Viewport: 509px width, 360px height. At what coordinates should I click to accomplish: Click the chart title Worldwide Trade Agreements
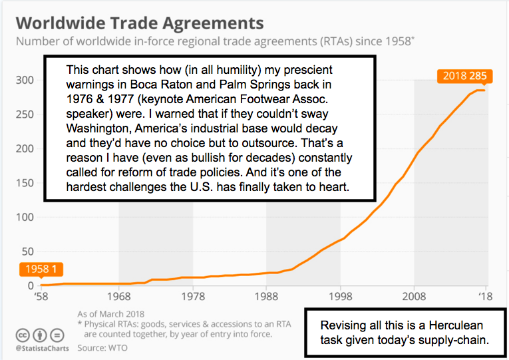pyautogui.click(x=140, y=22)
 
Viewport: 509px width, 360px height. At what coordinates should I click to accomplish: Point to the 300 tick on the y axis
pyautogui.click(x=25, y=80)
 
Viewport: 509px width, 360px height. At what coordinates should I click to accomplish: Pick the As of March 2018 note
pyautogui.click(x=110, y=314)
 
